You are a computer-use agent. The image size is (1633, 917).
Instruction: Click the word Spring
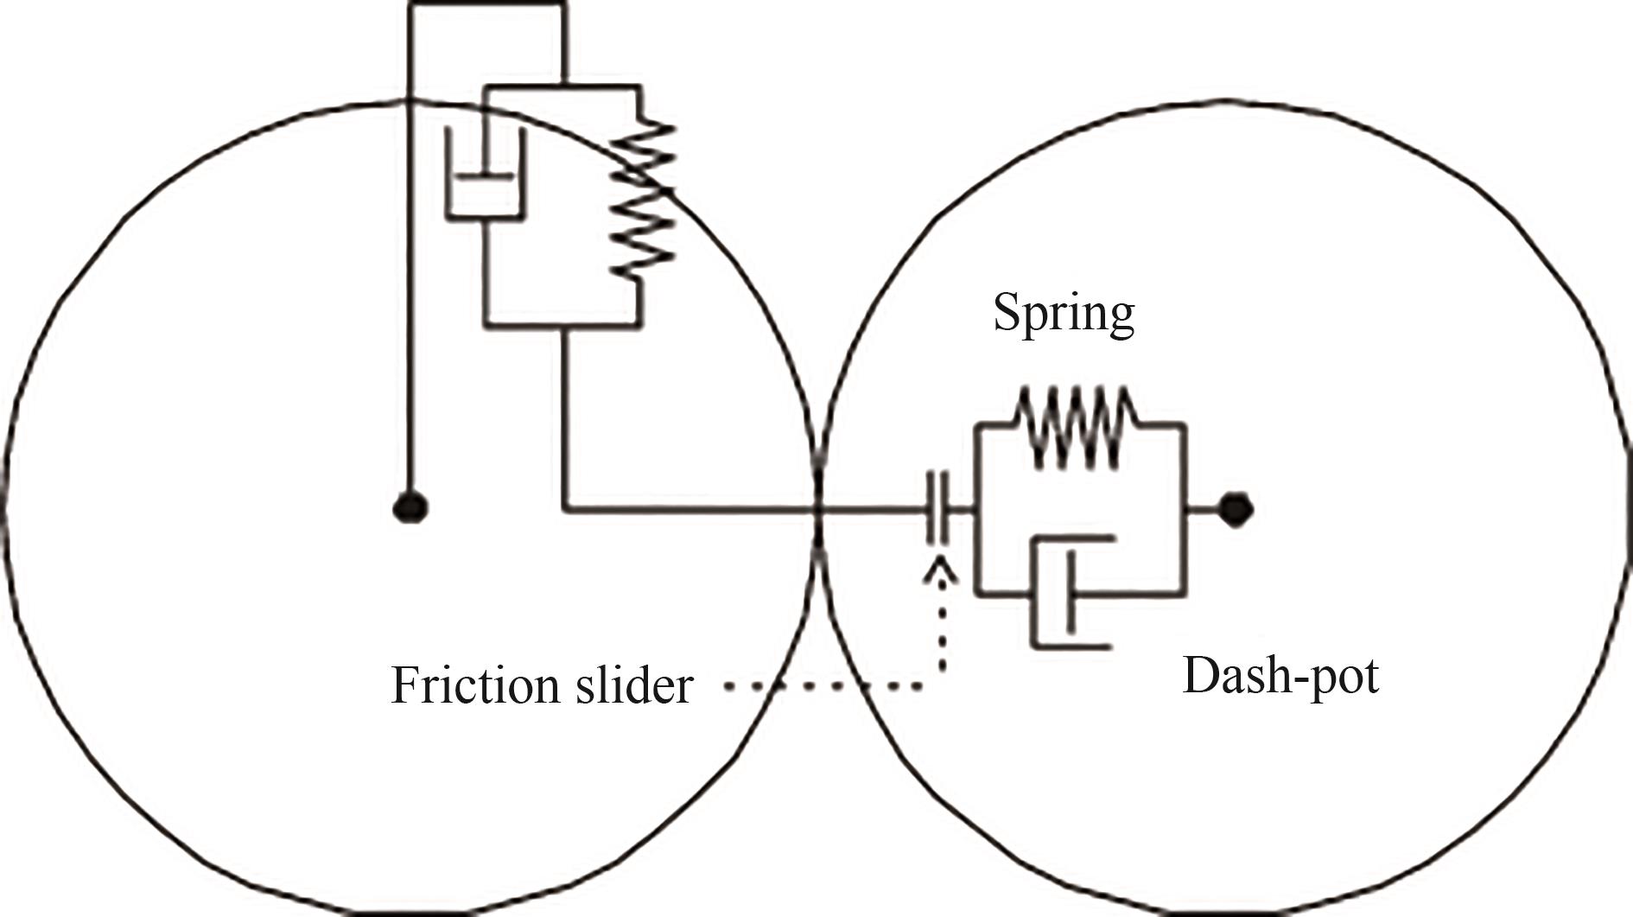[1064, 313]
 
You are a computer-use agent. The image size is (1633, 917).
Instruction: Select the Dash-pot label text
[1280, 675]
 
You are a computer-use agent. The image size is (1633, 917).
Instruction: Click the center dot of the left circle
[410, 507]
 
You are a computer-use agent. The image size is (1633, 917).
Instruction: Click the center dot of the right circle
[1236, 510]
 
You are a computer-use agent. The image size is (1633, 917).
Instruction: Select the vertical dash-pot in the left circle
[485, 173]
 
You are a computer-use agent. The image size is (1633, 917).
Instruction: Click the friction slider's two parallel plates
[937, 508]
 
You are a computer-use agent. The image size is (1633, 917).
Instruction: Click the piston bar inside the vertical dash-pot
[485, 179]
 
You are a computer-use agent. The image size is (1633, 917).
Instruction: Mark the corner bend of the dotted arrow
[941, 687]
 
